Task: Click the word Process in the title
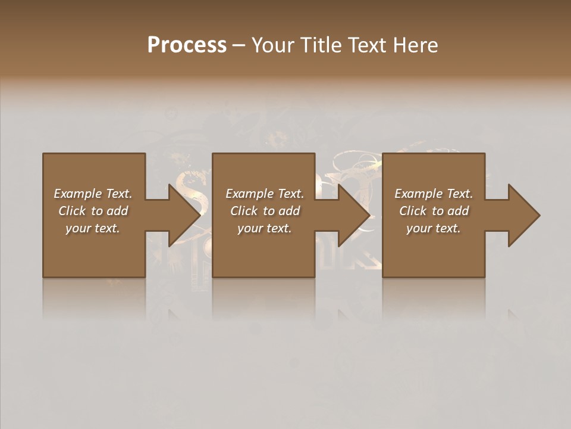187,45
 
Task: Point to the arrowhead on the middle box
353,215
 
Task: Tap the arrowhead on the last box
523,215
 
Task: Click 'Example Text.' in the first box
93,194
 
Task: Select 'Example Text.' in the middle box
265,194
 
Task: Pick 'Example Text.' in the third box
434,194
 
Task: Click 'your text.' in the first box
93,228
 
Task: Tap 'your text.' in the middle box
265,228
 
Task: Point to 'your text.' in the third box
434,228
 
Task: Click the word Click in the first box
72,211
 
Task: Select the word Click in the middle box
244,211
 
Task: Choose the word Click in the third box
413,211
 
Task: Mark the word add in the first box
118,211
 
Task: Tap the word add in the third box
459,211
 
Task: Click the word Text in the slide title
367,45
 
